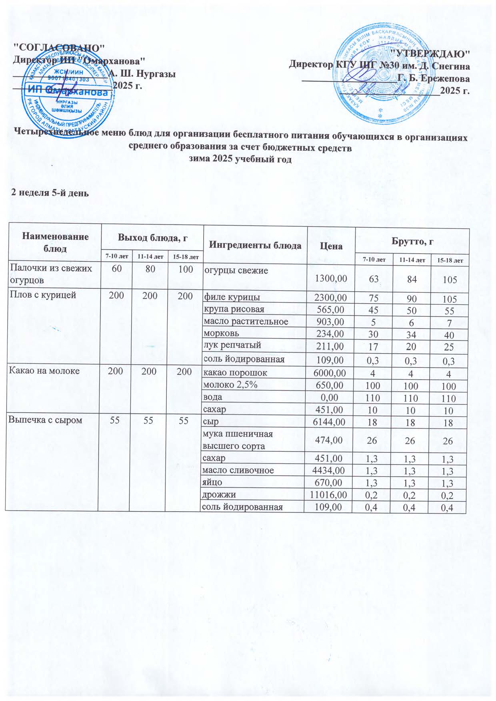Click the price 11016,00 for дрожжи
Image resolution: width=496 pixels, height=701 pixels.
coord(328,494)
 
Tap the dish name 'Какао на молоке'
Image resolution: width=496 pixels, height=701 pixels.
coord(44,371)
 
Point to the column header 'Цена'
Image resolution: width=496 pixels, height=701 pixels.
coord(331,246)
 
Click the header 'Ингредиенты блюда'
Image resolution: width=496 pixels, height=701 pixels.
coord(255,245)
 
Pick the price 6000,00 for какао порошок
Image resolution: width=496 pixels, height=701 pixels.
coord(329,373)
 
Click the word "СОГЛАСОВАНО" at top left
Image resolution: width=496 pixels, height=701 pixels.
coord(59,47)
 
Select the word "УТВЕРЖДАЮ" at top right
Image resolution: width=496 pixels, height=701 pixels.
coord(430,53)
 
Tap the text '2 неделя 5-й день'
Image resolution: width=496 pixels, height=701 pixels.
coord(50,192)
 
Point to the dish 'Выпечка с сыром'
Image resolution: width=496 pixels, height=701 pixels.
coord(46,420)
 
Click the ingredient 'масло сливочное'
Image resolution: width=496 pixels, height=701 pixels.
coord(238,470)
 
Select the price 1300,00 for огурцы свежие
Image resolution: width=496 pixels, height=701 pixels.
coord(331,278)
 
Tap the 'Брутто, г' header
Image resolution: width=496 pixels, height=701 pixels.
coord(412,241)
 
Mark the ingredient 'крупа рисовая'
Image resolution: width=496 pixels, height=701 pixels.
coord(234,309)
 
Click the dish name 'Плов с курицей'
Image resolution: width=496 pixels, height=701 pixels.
coord(42,296)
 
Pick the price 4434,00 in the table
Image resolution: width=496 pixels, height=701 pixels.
coord(329,470)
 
